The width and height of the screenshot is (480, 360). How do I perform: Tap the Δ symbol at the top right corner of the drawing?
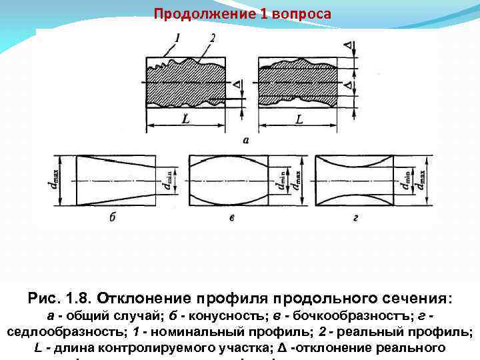click(x=347, y=45)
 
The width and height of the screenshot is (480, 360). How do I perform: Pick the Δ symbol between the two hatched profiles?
click(x=238, y=85)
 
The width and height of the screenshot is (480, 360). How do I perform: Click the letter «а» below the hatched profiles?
click(x=246, y=141)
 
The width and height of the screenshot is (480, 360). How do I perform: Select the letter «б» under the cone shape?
click(x=112, y=217)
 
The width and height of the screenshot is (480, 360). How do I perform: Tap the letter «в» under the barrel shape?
click(x=231, y=217)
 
